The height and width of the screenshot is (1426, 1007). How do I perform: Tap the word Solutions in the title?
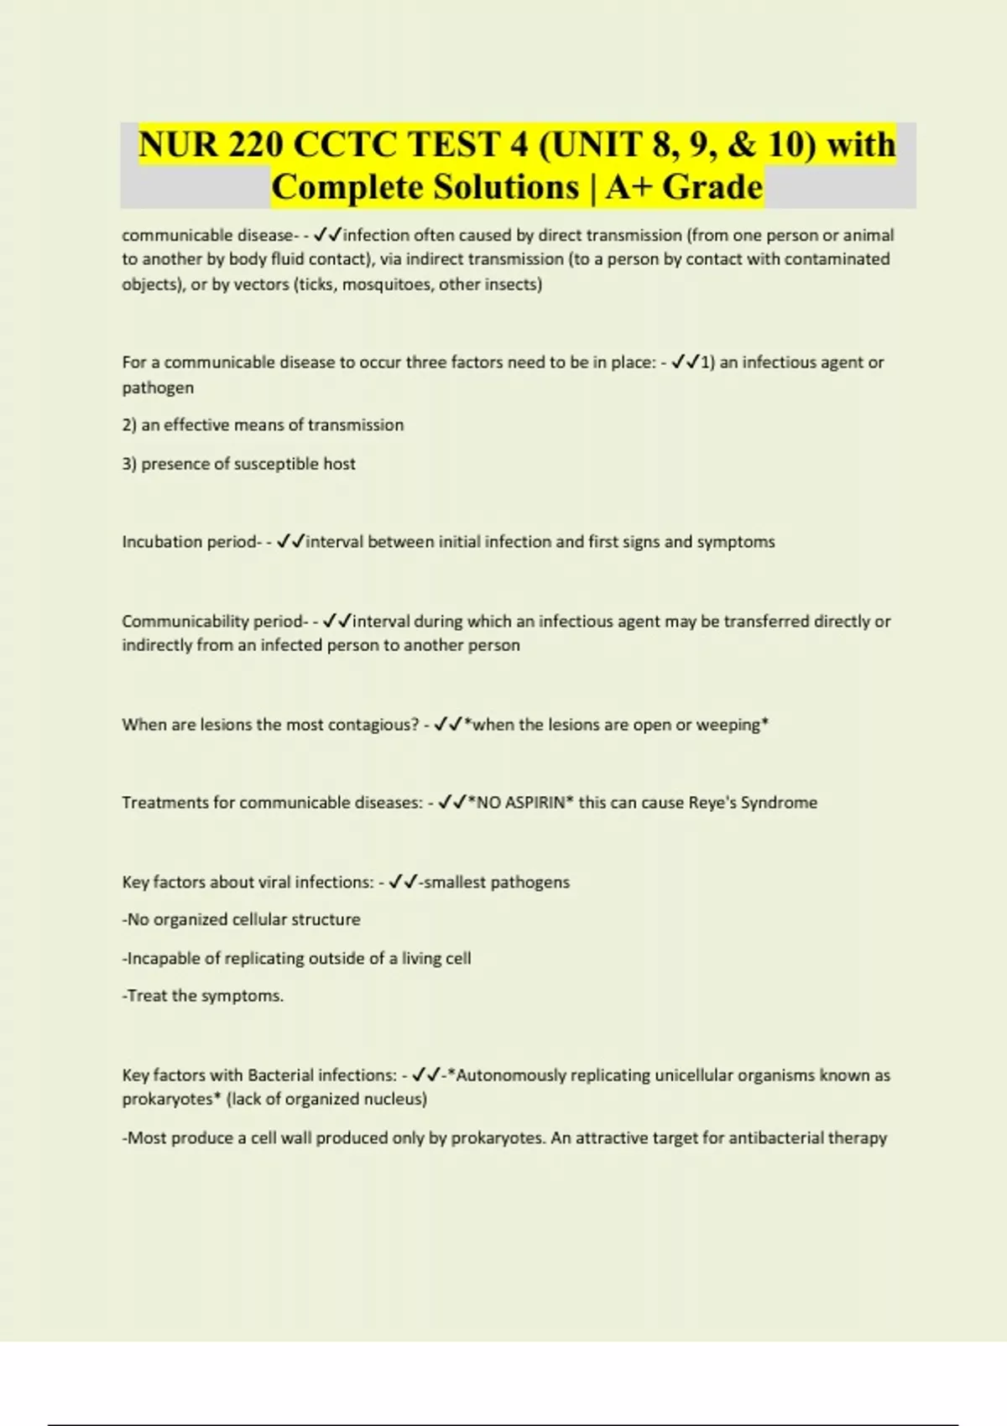pyautogui.click(x=503, y=187)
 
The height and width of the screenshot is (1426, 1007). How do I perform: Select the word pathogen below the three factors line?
pyautogui.click(x=158, y=388)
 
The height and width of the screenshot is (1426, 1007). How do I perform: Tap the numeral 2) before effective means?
pyautogui.click(x=129, y=425)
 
